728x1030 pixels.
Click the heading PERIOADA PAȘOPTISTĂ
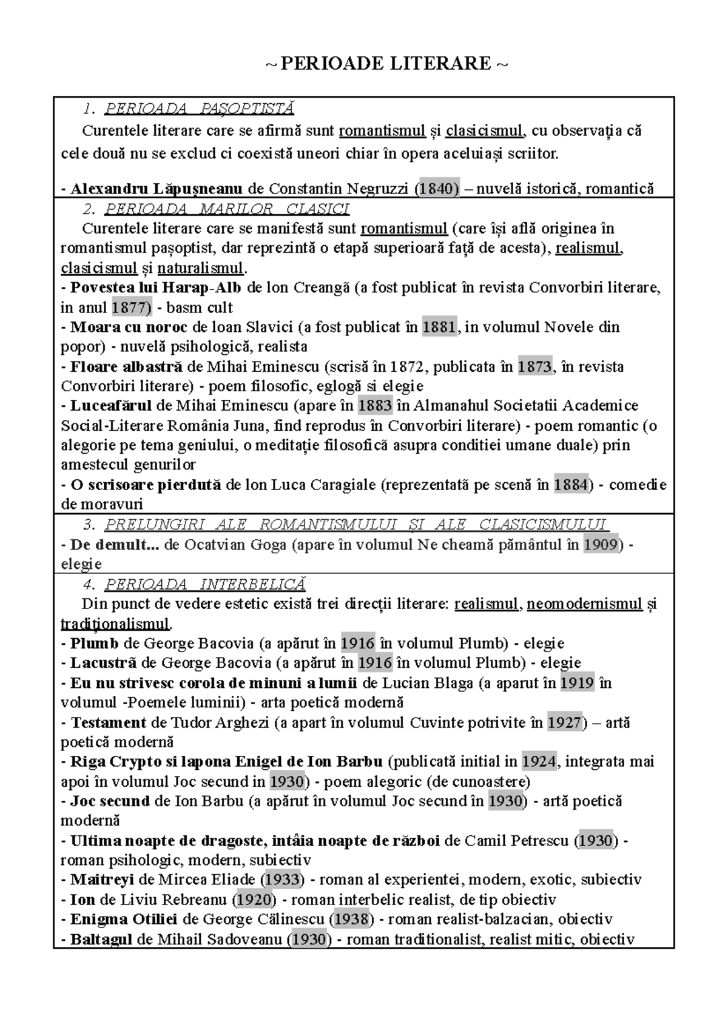pyautogui.click(x=199, y=109)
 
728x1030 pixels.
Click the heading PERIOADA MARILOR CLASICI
pyautogui.click(x=227, y=209)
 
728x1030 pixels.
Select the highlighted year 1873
pyautogui.click(x=534, y=366)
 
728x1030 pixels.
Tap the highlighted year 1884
pyautogui.click(x=571, y=485)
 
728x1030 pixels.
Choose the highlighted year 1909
pyautogui.click(x=600, y=544)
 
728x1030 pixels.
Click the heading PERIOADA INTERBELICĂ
pyautogui.click(x=205, y=584)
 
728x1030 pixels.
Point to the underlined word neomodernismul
pyautogui.click(x=584, y=604)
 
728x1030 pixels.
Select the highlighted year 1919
pyautogui.click(x=576, y=683)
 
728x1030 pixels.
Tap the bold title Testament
pyautogui.click(x=109, y=722)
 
